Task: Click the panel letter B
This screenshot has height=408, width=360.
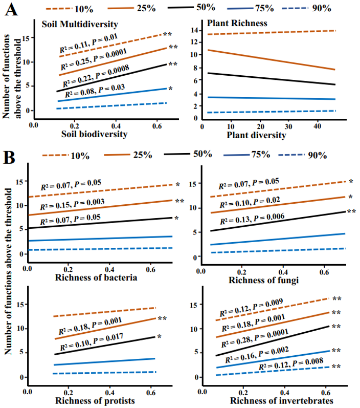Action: coord(9,156)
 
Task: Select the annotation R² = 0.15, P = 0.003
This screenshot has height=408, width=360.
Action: coord(73,205)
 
